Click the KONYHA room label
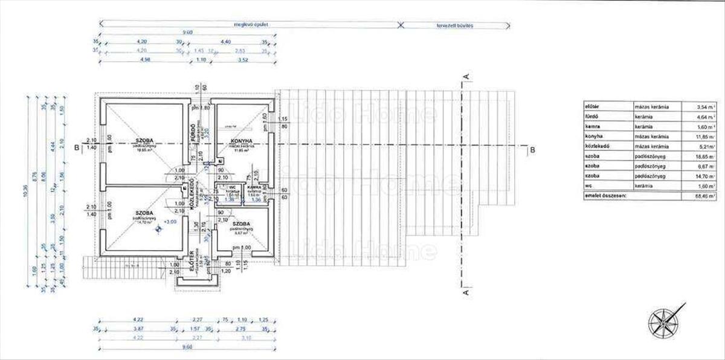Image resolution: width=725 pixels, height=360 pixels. pos(240,141)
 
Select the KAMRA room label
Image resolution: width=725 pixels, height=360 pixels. pos(254,188)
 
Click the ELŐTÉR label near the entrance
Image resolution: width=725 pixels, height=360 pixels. pos(193,261)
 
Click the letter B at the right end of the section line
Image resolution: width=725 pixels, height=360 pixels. pos(532,149)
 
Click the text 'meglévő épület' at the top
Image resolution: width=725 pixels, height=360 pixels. pos(251,25)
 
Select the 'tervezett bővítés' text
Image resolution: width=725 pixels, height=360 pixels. pos(457,25)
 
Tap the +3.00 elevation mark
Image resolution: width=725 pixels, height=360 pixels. pos(171,222)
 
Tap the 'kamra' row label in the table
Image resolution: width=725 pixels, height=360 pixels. pos(591,127)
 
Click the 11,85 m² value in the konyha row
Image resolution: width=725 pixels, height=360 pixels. pos(704,137)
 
